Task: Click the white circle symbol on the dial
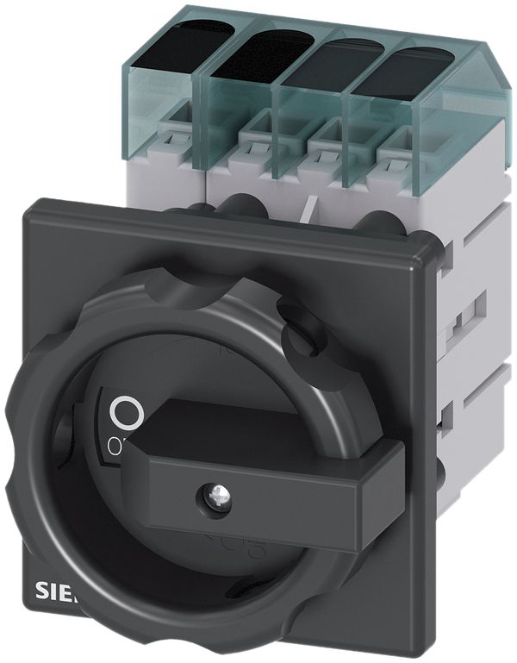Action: coord(126,413)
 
